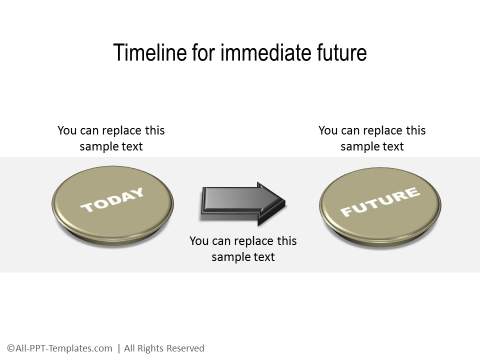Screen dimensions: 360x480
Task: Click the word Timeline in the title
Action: [145, 52]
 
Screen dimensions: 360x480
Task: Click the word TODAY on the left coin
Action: [112, 200]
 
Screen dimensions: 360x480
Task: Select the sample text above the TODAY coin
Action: [111, 138]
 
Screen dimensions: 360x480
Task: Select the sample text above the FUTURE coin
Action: [372, 138]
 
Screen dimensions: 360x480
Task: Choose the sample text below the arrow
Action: [243, 249]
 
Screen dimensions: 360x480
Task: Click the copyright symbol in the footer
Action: [10, 348]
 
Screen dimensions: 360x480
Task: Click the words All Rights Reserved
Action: [164, 348]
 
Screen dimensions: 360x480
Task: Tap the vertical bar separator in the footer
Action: [119, 348]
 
